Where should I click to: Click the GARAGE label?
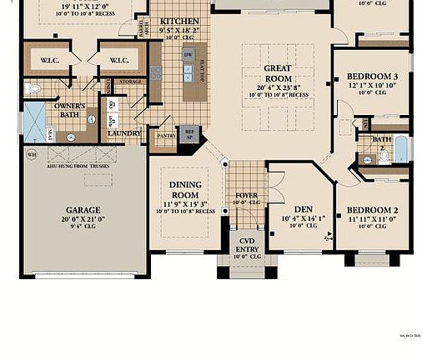83,210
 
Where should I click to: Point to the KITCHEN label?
179,20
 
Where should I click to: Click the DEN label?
303,209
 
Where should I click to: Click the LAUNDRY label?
123,132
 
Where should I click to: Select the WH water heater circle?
32,154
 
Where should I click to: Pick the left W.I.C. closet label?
50,60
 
